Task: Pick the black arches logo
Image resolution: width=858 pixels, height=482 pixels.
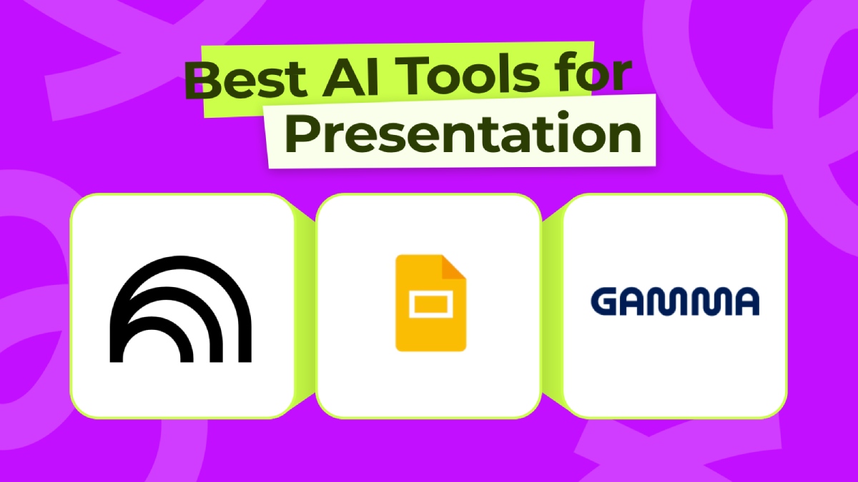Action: pos(184,306)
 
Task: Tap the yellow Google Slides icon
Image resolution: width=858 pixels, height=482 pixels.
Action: pos(430,303)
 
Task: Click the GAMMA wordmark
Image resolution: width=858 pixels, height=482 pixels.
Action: pos(675,302)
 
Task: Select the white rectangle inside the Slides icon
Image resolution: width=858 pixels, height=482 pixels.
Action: pos(429,307)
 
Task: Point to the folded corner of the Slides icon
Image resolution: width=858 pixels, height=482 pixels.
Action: pos(453,268)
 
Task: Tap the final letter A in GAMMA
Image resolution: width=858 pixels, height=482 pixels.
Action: pos(744,302)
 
